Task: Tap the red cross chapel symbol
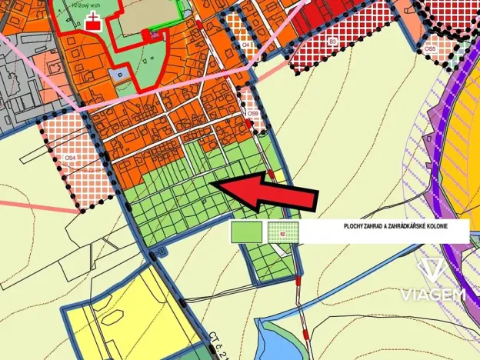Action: click(94, 21)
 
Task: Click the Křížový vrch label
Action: click(78, 5)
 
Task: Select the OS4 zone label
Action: click(71, 158)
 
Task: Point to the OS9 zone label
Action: click(252, 115)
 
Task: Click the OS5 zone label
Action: click(430, 48)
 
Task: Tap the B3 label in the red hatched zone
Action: click(332, 40)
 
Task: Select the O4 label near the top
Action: click(246, 45)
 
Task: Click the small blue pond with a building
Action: click(118, 75)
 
